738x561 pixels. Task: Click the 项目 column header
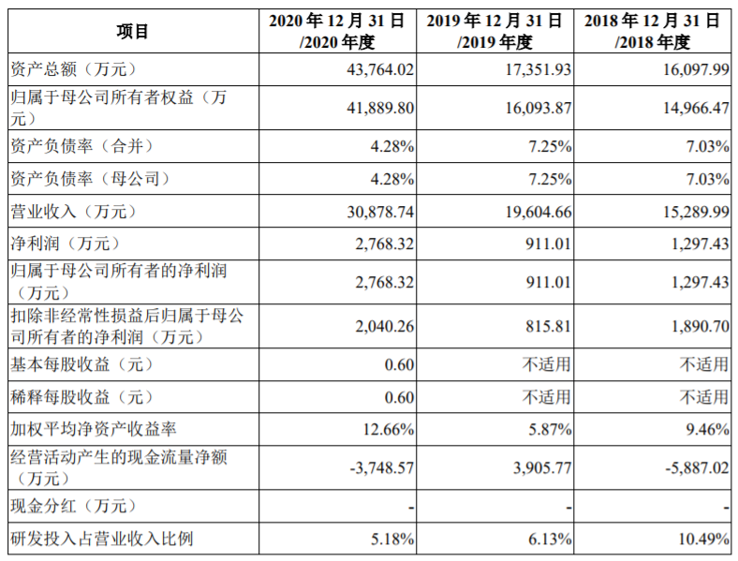pos(133,32)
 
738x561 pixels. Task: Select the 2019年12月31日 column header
pos(494,32)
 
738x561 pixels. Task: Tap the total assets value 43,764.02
pos(380,69)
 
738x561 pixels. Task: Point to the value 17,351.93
pos(539,69)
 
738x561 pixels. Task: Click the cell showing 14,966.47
pos(696,109)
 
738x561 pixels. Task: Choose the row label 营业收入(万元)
pos(73,212)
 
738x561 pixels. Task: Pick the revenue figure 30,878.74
pos(380,212)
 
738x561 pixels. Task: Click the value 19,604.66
pos(539,212)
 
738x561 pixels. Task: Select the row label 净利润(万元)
pos(65,244)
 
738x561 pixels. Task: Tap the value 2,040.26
pos(385,326)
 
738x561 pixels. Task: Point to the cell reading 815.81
pos(548,326)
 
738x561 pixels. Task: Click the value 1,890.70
pos(701,326)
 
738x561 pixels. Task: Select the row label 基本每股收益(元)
pos(81,364)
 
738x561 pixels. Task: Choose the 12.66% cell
pos(389,429)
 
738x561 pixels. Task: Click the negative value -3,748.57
pos(382,468)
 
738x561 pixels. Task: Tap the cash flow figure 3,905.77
pos(542,468)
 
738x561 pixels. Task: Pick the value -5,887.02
pos(697,468)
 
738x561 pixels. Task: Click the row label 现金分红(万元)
pos(73,507)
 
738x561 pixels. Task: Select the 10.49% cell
pos(703,539)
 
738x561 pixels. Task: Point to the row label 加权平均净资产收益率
pos(94,429)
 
